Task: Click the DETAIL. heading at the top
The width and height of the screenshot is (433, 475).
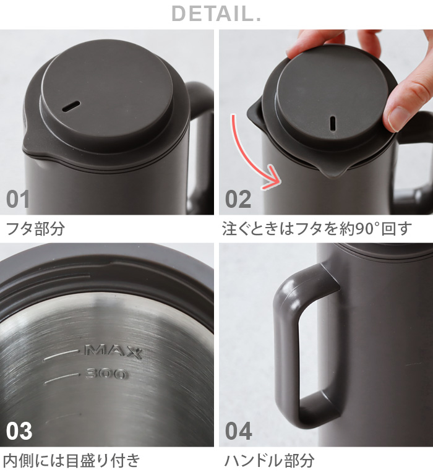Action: pos(216,13)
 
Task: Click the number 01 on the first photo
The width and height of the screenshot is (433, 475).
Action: pos(18,199)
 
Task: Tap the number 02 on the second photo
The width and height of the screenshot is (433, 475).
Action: pos(238,199)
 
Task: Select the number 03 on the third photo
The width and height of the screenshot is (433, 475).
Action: pos(19,430)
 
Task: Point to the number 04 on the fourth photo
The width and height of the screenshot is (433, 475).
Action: pos(239,430)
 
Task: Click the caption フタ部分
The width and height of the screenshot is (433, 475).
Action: pos(35,229)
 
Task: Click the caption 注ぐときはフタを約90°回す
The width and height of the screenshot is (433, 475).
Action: pos(317,229)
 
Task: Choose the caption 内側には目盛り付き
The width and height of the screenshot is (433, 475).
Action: pos(72,460)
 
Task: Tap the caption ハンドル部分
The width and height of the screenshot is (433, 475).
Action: pos(269,460)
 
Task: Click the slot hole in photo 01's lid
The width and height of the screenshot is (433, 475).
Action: pos(71,106)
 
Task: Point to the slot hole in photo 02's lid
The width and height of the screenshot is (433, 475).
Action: pos(333,122)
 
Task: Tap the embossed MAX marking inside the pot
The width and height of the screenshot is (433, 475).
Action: pos(113,352)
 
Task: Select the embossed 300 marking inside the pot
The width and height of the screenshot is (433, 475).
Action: pos(106,374)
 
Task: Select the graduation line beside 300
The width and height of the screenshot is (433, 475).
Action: pos(64,375)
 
